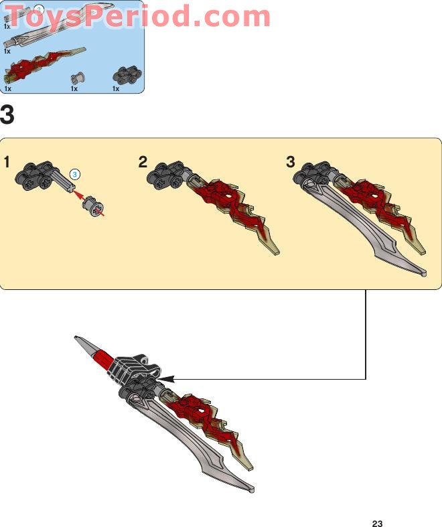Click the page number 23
tap(377, 523)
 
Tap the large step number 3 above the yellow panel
tap(7, 115)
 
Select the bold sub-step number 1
tap(7, 162)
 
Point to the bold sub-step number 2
tap(143, 162)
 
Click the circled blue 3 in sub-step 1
tap(74, 174)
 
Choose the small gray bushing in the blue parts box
tap(78, 78)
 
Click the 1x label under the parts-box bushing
tap(74, 89)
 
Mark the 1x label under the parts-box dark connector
tap(116, 89)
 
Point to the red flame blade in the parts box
tap(43, 64)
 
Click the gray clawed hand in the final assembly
tap(134, 370)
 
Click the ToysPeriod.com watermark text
tap(138, 16)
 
